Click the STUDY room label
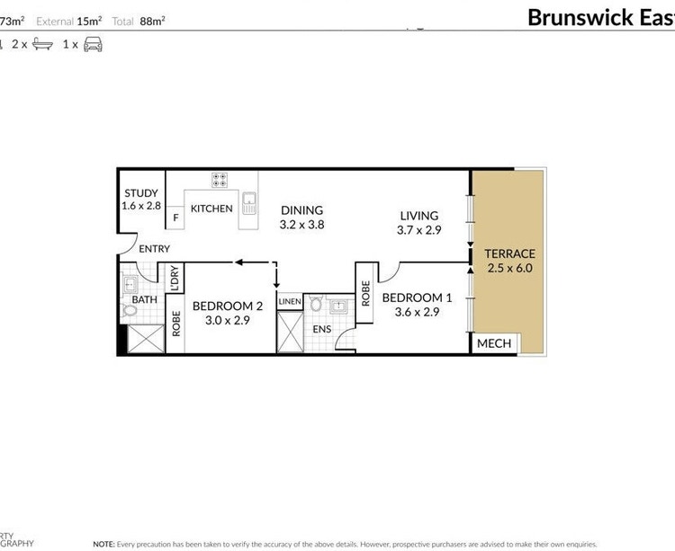pyautogui.click(x=141, y=192)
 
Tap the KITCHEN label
pyautogui.click(x=211, y=209)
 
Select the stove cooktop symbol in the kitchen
pyautogui.click(x=219, y=180)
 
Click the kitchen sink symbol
pyautogui.click(x=249, y=201)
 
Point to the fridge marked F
pyautogui.click(x=175, y=217)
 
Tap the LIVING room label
pyautogui.click(x=418, y=216)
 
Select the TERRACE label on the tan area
pyautogui.click(x=509, y=253)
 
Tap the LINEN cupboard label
pyautogui.click(x=290, y=301)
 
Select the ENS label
pyautogui.click(x=321, y=330)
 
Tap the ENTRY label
pyautogui.click(x=154, y=249)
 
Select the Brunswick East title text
pyautogui.click(x=599, y=17)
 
